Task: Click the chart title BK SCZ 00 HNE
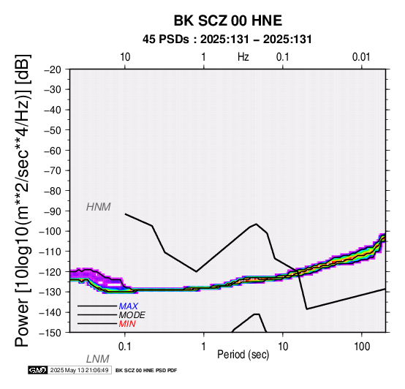click(228, 20)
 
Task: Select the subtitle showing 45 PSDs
click(227, 39)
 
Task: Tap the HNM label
click(99, 207)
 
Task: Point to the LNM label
click(98, 359)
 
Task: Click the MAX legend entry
click(128, 306)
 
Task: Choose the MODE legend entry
click(132, 315)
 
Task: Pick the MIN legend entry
click(127, 324)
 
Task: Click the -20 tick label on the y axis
click(53, 69)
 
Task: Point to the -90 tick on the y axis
click(53, 211)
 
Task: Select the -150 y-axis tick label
click(50, 333)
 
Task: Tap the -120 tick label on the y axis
click(50, 272)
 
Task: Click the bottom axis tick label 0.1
click(124, 346)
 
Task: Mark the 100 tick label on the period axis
click(362, 346)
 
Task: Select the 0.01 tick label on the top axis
click(361, 57)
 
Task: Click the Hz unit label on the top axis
click(243, 57)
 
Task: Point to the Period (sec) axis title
click(243, 355)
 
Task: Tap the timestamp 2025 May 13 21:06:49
click(79, 370)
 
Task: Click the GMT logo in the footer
click(38, 370)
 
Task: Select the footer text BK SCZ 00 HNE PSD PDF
click(146, 371)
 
